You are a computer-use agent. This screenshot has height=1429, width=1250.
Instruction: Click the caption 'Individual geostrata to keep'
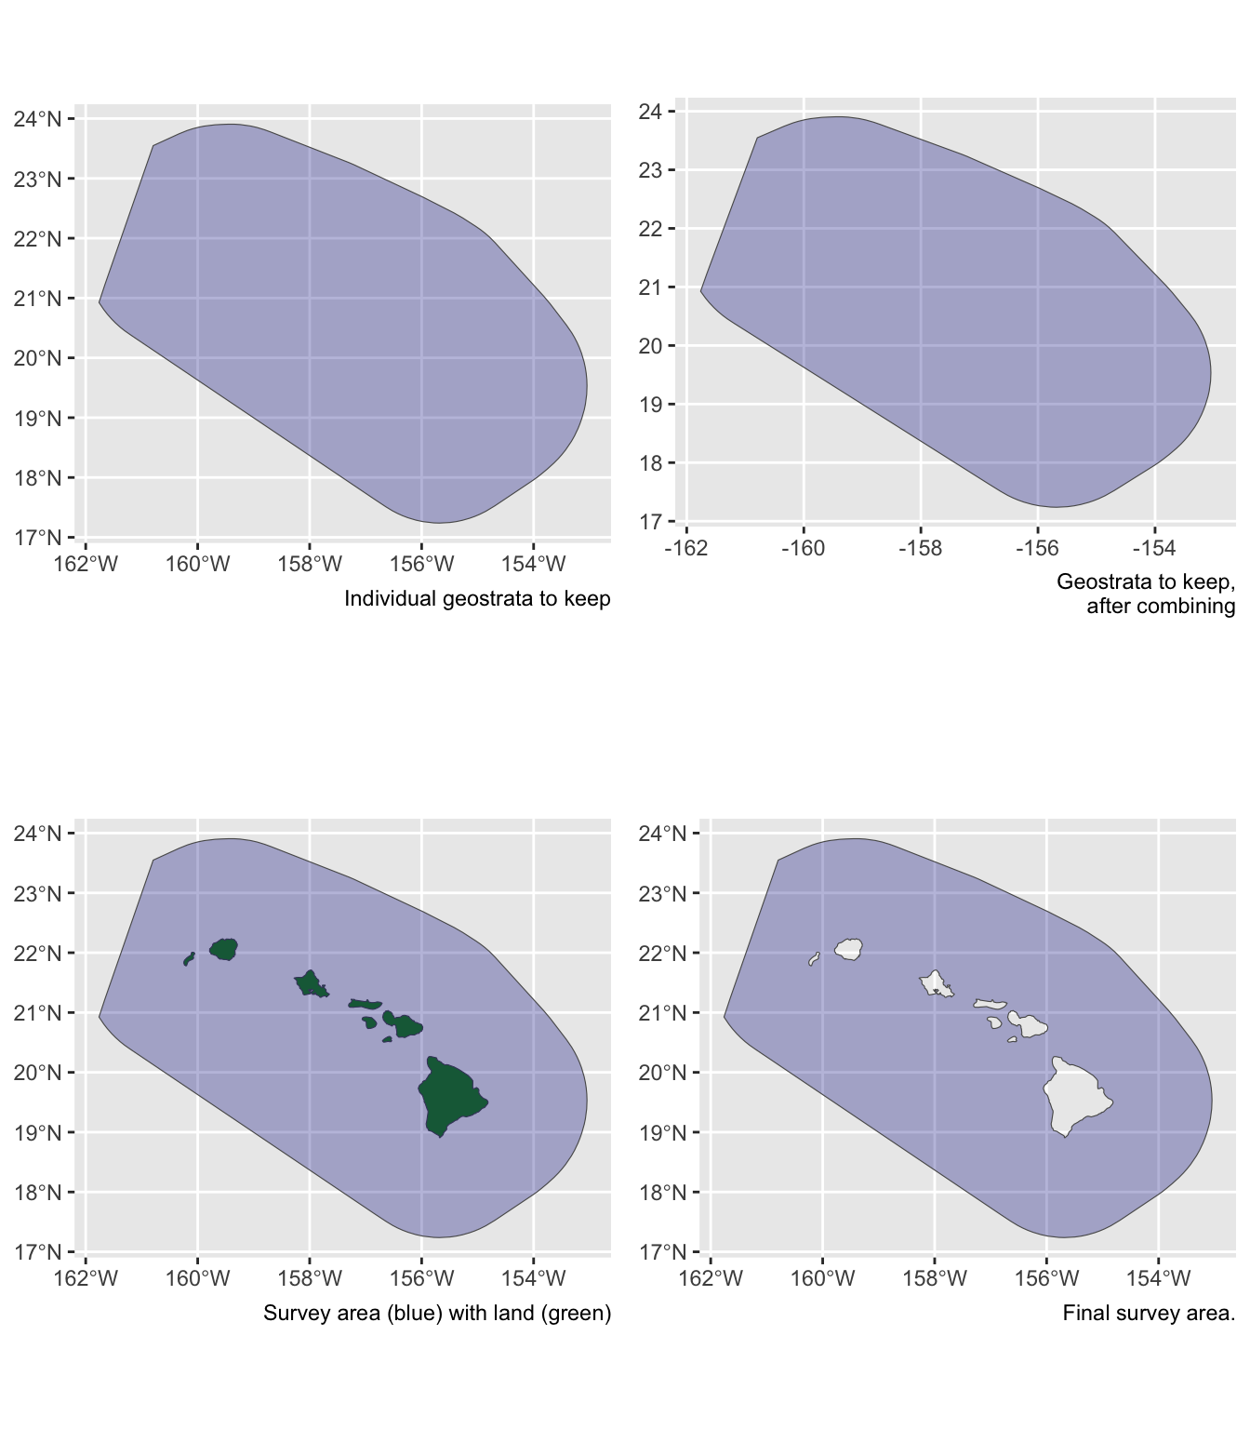pos(477,599)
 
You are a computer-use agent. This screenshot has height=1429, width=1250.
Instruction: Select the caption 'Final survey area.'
pos(1149,1314)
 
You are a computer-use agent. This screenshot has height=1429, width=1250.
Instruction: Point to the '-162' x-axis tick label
pos(686,548)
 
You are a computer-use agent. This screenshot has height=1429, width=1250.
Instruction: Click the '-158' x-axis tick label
pos(920,548)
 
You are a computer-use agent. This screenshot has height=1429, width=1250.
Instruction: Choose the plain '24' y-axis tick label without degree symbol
pos(650,112)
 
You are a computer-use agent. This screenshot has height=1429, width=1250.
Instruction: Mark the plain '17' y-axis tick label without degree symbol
pos(650,522)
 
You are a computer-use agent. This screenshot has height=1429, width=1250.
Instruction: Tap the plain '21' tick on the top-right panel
pos(650,287)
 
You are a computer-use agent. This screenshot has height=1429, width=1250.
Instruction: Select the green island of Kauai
pos(224,949)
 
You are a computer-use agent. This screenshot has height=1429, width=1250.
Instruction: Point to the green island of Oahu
pos(310,982)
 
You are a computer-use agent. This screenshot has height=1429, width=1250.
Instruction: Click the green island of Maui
pos(406,1025)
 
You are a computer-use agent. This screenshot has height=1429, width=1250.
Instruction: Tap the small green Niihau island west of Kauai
pos(189,959)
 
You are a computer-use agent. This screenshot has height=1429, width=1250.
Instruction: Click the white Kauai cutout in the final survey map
pos(849,949)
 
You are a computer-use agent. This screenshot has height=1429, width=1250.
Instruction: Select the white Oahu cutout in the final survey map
pos(935,982)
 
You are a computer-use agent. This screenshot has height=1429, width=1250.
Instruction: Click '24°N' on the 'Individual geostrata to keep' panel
pos(38,119)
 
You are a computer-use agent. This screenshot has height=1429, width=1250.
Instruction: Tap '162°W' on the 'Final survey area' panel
pos(711,1278)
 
